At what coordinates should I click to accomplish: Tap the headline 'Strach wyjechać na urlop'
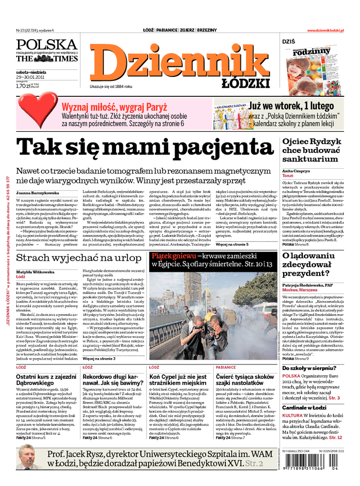tap(78, 258)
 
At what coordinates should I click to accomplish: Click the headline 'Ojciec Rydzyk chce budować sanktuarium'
tap(310, 150)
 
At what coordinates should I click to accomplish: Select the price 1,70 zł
tap(22, 85)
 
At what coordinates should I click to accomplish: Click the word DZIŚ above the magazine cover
tap(289, 41)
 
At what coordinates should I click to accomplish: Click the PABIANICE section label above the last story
tap(226, 367)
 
